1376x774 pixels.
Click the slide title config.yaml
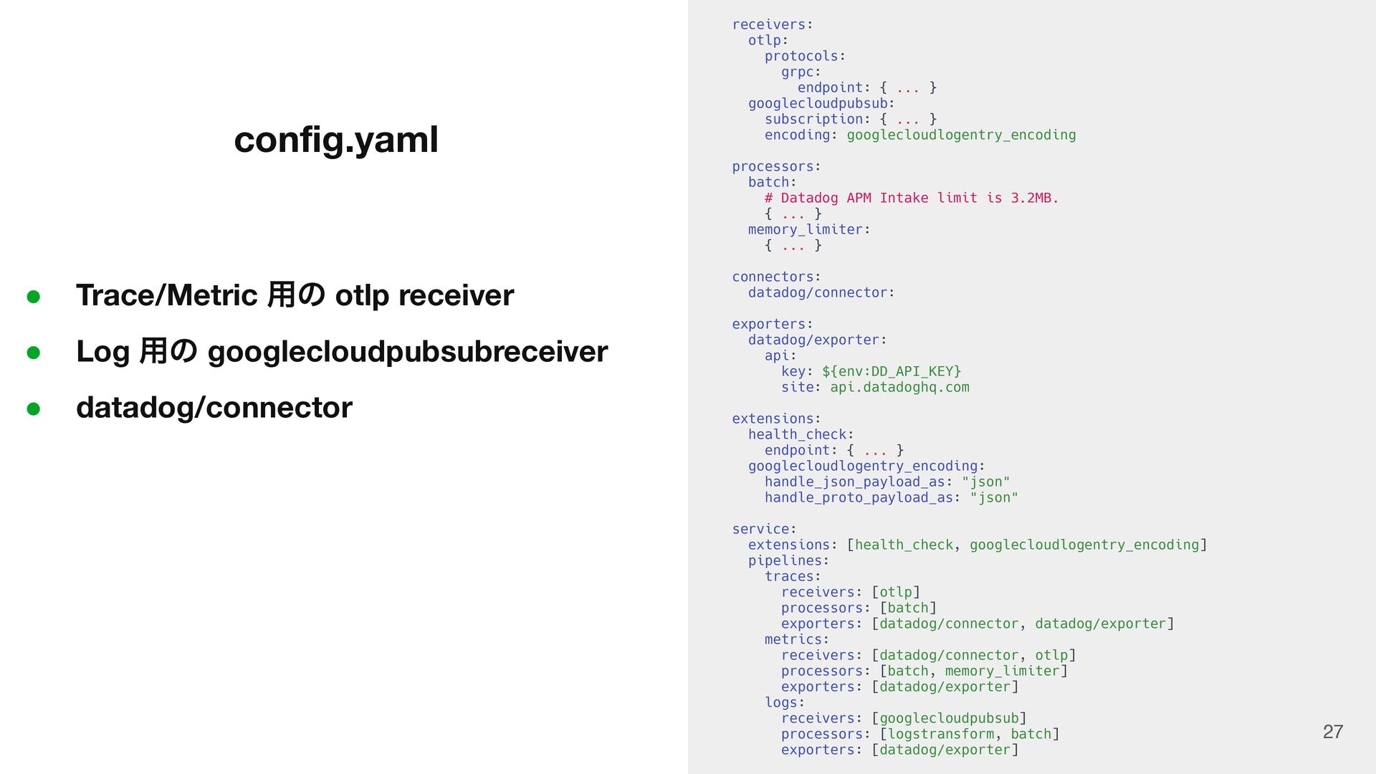[335, 139]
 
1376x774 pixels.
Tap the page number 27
[1332, 732]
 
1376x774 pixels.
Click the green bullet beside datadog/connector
[33, 408]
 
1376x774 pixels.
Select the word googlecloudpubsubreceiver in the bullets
[407, 351]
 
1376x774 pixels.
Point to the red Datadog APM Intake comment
[911, 198]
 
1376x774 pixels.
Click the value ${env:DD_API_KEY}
[891, 371]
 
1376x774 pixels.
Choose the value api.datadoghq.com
[899, 387]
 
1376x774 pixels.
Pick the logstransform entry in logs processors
[940, 734]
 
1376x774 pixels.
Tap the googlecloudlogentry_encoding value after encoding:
[961, 135]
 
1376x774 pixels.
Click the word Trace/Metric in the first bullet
[166, 295]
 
